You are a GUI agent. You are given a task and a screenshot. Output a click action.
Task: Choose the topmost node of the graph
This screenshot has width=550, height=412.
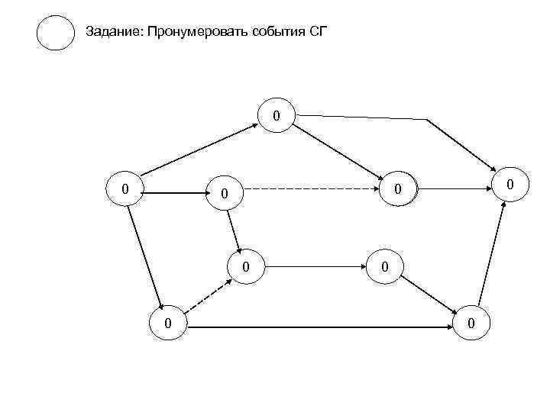pyautogui.click(x=277, y=116)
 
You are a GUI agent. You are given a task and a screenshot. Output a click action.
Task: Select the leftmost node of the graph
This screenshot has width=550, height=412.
pyautogui.click(x=125, y=188)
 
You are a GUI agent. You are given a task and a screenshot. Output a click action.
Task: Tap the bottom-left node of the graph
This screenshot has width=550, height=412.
pyautogui.click(x=168, y=324)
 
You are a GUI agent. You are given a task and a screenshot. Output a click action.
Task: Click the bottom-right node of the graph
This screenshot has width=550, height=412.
pyautogui.click(x=471, y=324)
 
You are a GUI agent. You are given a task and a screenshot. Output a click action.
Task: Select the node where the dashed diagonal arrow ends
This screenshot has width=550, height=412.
pyautogui.click(x=246, y=267)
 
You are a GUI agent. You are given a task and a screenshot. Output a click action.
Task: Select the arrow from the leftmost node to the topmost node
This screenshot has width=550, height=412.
pyautogui.click(x=200, y=152)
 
